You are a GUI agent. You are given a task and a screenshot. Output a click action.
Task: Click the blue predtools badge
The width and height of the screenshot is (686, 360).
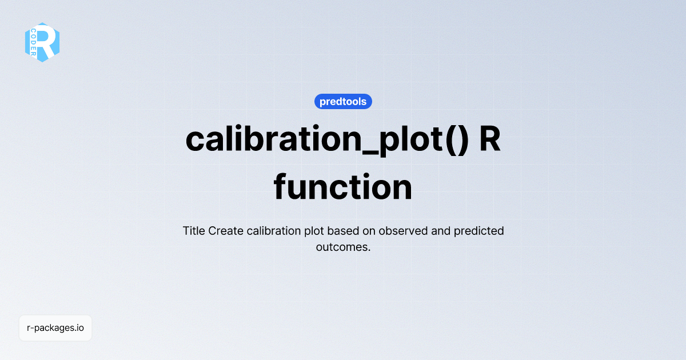coord(343,102)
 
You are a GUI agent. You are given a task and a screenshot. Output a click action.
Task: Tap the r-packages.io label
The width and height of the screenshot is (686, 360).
coord(55,328)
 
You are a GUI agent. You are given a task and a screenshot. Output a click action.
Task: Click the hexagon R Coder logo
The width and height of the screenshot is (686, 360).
coord(42,42)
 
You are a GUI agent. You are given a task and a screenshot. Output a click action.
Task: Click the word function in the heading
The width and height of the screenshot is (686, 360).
coord(343,187)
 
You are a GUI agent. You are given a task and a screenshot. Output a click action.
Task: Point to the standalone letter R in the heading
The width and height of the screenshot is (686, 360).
coord(489,139)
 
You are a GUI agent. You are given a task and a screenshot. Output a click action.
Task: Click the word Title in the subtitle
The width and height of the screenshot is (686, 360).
coord(194,231)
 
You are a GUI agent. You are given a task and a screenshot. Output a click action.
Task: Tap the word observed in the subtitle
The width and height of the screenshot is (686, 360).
coord(402,231)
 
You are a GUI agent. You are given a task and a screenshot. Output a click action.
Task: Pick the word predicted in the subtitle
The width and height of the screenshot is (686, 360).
coord(479,231)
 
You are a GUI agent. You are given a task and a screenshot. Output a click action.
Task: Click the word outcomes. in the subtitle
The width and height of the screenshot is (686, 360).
coord(343,247)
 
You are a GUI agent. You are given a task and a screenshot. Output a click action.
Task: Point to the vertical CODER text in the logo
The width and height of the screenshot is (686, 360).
coord(34,42)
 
